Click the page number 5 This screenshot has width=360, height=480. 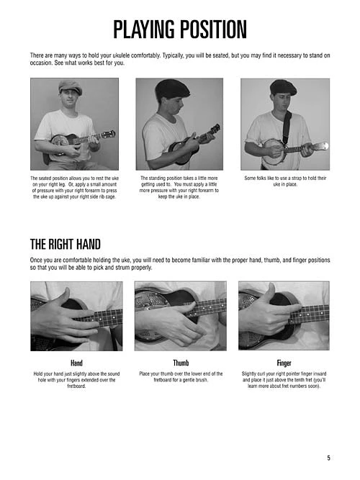tap(328, 457)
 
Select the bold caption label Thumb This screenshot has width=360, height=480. tap(181, 363)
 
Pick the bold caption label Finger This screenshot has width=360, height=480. tap(284, 363)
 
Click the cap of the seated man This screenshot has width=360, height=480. tap(70, 86)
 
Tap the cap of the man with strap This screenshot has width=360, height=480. tap(283, 87)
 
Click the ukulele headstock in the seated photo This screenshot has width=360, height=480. tap(109, 135)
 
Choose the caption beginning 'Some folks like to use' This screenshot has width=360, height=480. tap(285, 181)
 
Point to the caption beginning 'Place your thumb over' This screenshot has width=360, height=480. tap(181, 377)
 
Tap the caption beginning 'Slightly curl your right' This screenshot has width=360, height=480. tap(284, 380)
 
